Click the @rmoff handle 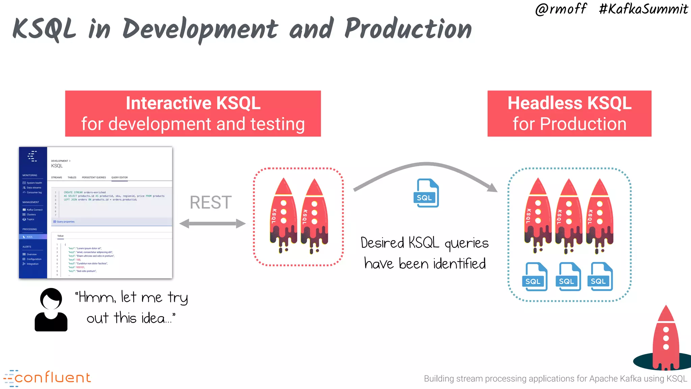(561, 9)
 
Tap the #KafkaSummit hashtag (643, 9)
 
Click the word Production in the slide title (408, 29)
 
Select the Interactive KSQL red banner (193, 113)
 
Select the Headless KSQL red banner (569, 113)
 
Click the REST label (211, 203)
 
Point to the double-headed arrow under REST (212, 223)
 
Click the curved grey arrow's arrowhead (493, 187)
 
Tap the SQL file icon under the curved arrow (426, 193)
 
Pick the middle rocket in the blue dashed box (569, 216)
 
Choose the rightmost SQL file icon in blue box (601, 277)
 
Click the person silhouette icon (51, 310)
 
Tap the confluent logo (47, 378)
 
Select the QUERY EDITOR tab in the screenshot (119, 177)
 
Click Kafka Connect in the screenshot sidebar (34, 210)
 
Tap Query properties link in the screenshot (65, 222)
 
